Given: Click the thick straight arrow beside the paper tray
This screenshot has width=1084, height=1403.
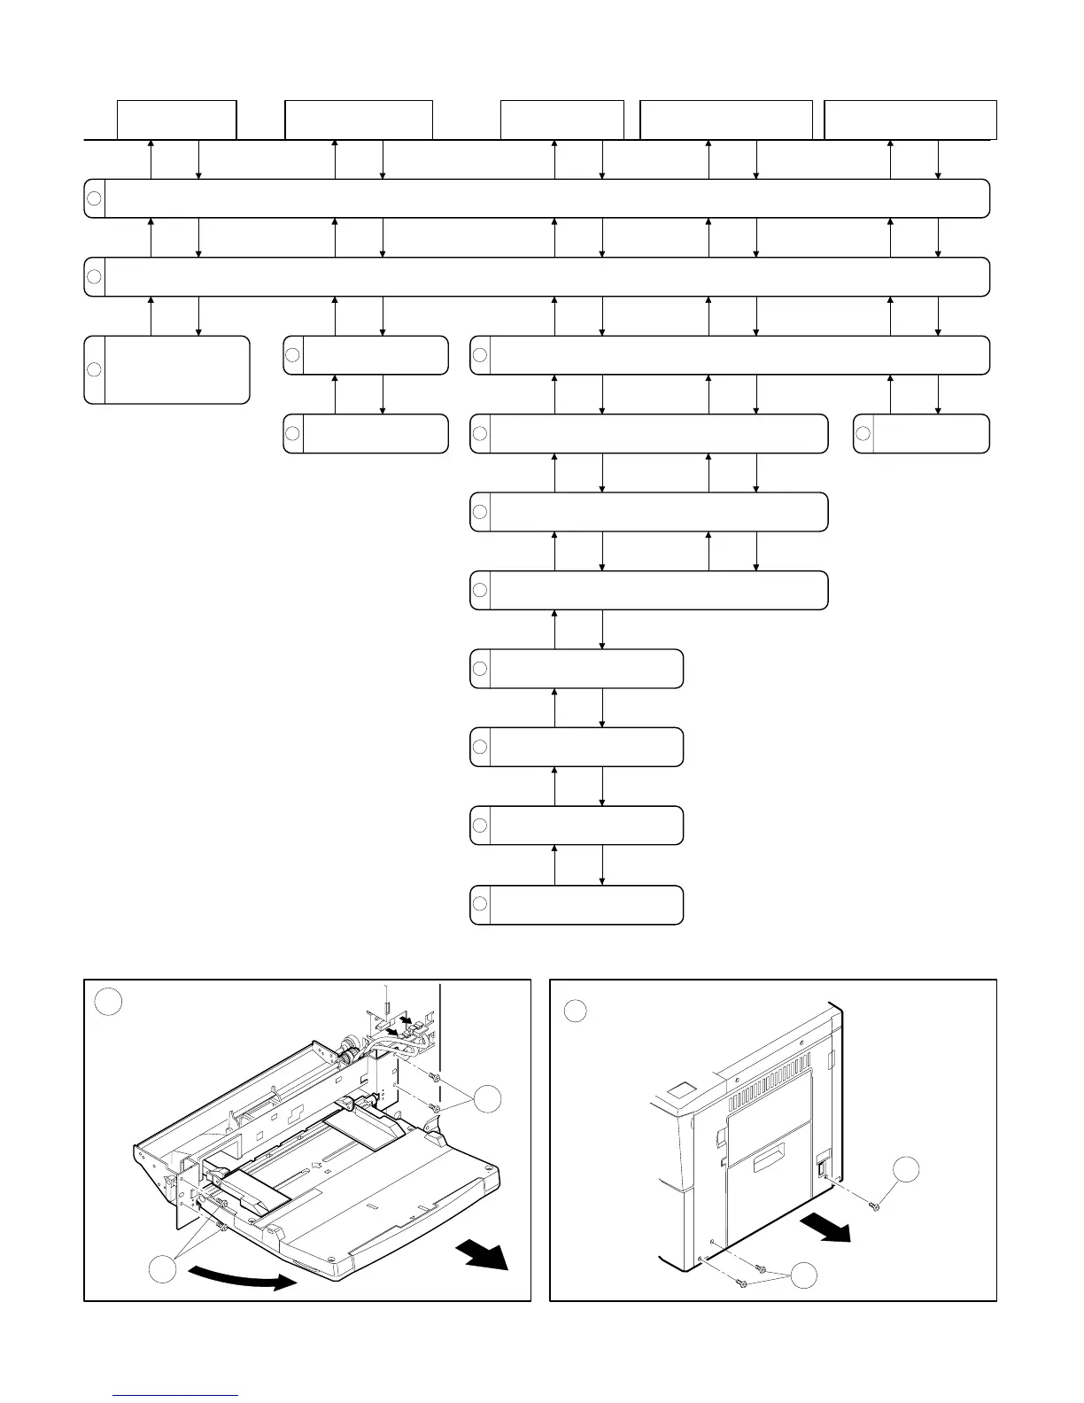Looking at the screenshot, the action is pyautogui.click(x=484, y=1254).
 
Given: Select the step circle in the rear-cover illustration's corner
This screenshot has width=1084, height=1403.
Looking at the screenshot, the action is pyautogui.click(x=576, y=1011).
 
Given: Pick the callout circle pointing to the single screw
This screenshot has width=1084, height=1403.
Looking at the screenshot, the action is pyautogui.click(x=906, y=1170).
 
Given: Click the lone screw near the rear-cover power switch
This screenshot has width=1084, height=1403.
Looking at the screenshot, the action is pyautogui.click(x=874, y=1206).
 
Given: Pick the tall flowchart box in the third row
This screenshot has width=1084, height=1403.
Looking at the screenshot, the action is pyautogui.click(x=166, y=369).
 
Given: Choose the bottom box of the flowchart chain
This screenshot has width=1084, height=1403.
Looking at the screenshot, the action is pyautogui.click(x=577, y=904).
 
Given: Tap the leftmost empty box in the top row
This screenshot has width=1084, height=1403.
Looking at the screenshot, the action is pyautogui.click(x=177, y=120).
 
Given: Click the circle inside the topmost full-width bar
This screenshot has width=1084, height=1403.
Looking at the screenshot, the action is pyautogui.click(x=95, y=198).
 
